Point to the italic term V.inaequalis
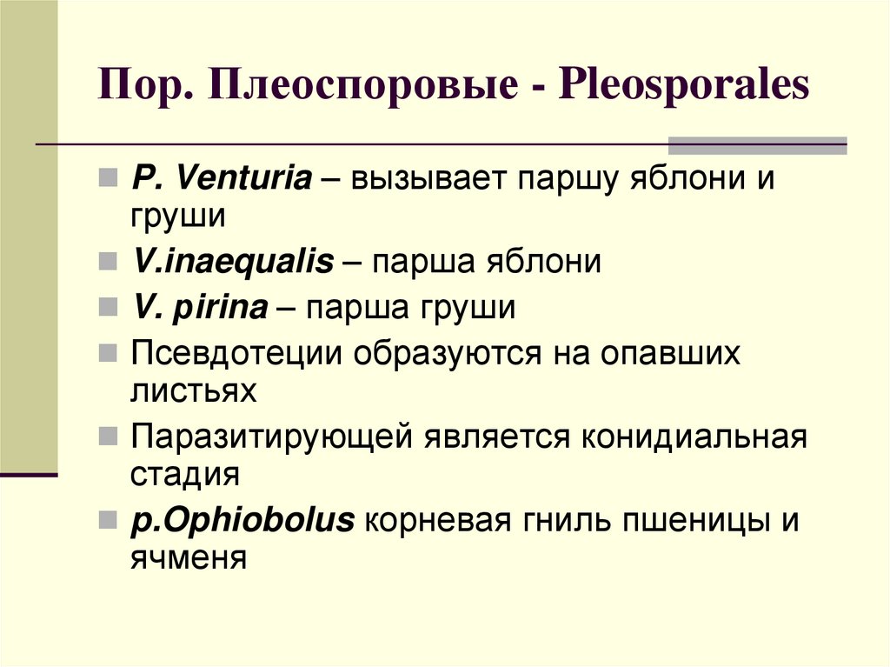233,262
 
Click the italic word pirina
226,307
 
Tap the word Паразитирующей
271,437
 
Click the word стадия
185,475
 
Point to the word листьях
194,391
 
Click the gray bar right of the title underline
757,144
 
